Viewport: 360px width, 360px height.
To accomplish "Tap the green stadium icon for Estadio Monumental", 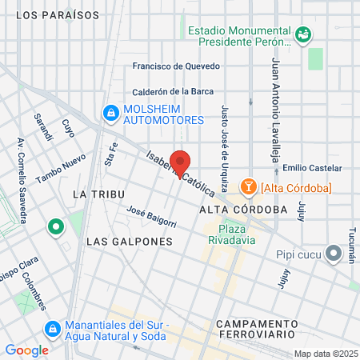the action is pyautogui.click(x=303, y=34).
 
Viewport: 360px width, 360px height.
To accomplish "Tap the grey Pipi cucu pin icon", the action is pyautogui.click(x=334, y=254).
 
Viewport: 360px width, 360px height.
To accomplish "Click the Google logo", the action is pyautogui.click(x=27, y=350).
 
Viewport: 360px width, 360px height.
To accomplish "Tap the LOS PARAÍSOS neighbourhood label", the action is pyautogui.click(x=58, y=14).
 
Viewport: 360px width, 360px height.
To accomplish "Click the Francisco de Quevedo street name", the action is pyautogui.click(x=179, y=67).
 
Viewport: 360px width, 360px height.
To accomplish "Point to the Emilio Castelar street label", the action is pyautogui.click(x=311, y=168).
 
